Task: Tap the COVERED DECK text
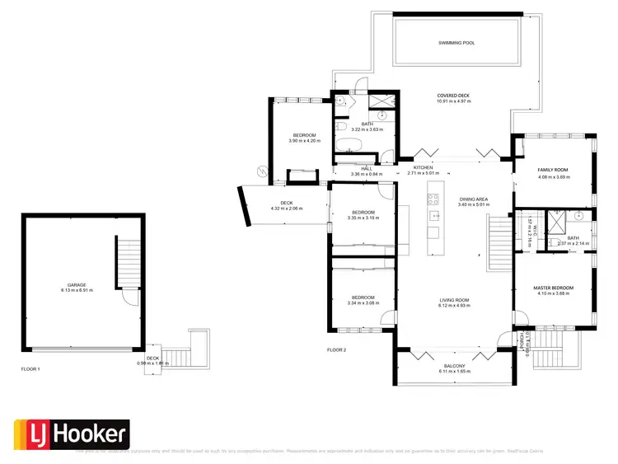click(453, 96)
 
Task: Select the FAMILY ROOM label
click(554, 170)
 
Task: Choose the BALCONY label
click(454, 366)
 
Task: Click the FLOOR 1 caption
click(30, 369)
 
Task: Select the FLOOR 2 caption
click(336, 350)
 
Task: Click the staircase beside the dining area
click(499, 241)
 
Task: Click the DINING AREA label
click(474, 199)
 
